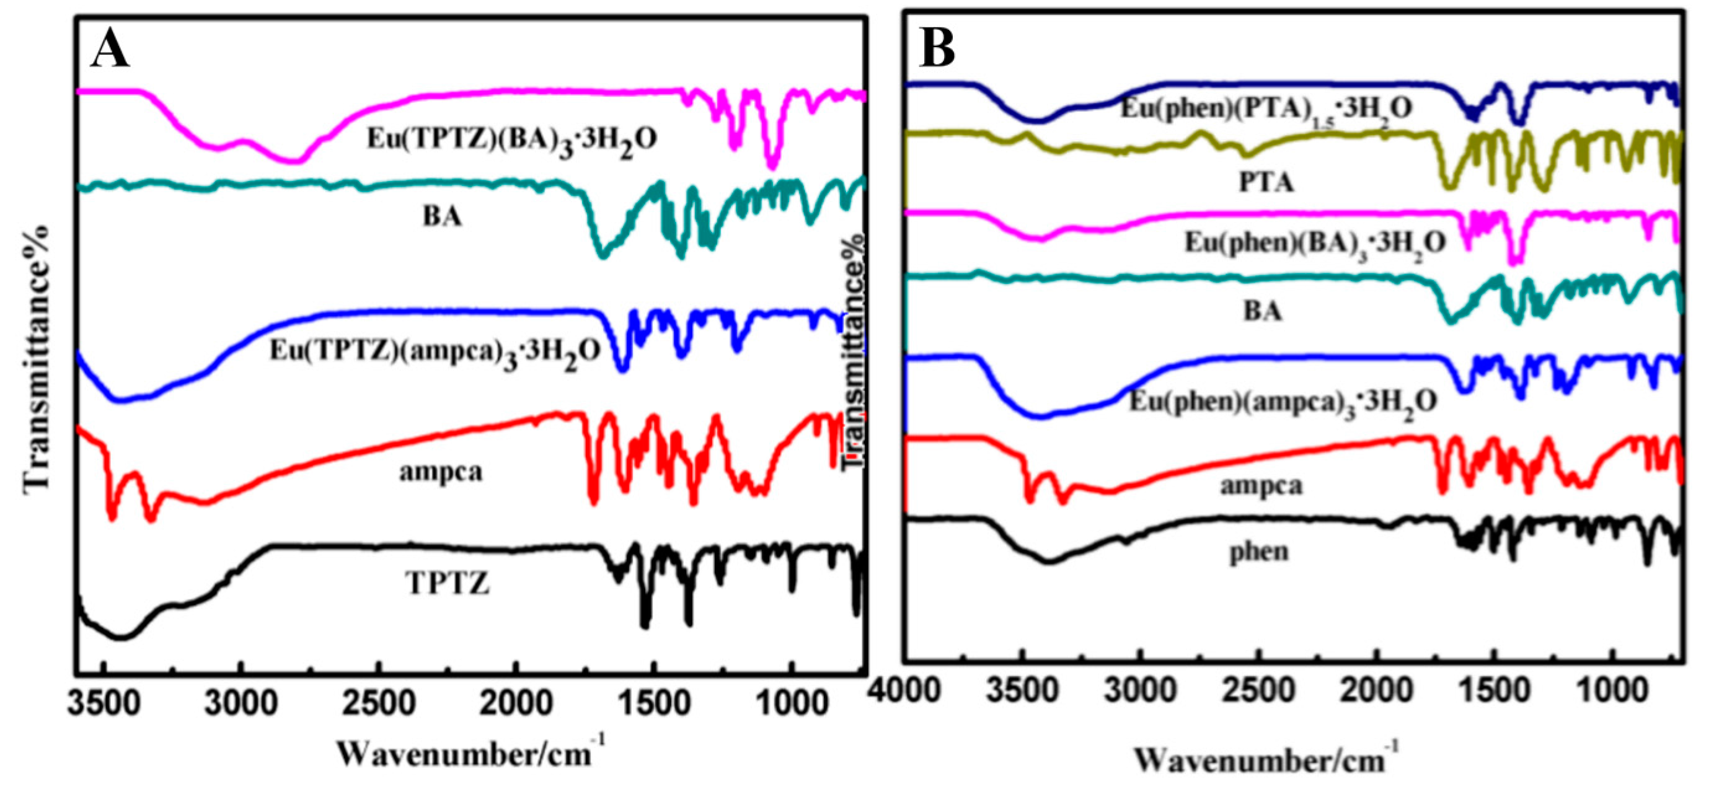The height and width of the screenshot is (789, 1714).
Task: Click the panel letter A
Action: (x=110, y=50)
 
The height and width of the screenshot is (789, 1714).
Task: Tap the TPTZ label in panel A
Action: (x=447, y=584)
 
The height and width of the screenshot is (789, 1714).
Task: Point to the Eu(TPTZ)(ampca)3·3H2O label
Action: (x=436, y=351)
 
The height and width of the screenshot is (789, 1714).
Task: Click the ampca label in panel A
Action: (x=441, y=472)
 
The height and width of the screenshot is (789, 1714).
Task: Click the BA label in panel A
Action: (x=442, y=217)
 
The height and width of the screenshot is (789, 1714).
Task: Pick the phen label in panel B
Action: (x=1258, y=552)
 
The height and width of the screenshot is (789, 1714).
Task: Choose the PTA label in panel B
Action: (x=1266, y=182)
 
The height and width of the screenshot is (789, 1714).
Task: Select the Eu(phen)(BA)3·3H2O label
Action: (x=1315, y=243)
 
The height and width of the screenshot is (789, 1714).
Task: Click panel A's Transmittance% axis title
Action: (x=37, y=360)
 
